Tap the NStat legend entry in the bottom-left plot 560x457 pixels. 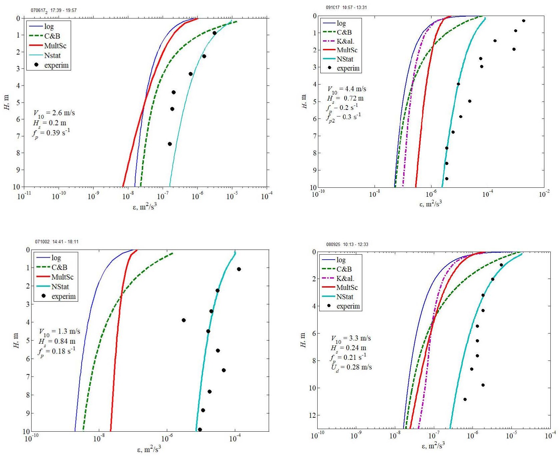coord(60,287)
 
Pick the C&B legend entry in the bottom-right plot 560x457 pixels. coord(344,269)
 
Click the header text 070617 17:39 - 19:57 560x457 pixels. coord(54,10)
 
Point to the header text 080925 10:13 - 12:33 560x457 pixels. coord(347,244)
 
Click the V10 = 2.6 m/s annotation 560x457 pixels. coord(54,113)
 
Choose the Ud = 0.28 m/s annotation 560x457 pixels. coord(351,367)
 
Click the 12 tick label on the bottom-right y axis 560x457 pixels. coord(312,415)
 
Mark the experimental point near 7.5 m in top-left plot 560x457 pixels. coord(170,144)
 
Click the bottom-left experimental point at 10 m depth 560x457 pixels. coord(200,429)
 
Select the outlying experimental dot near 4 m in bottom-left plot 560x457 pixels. coord(183,320)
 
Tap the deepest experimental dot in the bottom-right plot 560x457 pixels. coord(465,399)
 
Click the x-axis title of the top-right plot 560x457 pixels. coord(430,204)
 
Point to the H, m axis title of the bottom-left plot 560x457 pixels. coord(16,340)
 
